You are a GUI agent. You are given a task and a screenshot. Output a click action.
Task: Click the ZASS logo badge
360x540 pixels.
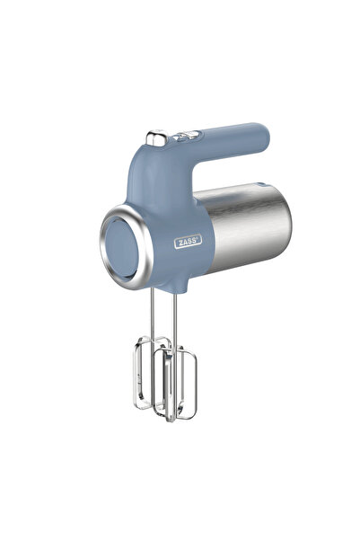(188, 241)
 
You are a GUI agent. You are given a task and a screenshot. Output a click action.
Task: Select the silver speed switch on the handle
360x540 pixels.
(156, 137)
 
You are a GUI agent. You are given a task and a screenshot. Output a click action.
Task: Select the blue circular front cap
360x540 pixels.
(120, 248)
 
